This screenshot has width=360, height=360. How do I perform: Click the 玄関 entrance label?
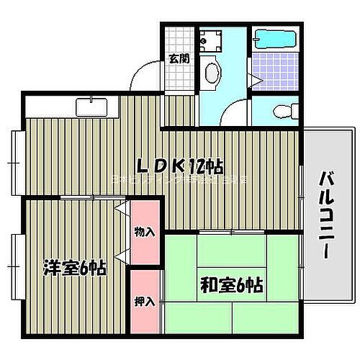179,58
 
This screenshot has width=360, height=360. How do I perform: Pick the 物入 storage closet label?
145,232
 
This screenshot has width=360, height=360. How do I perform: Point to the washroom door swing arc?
233,114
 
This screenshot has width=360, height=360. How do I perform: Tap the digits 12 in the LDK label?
199,166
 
